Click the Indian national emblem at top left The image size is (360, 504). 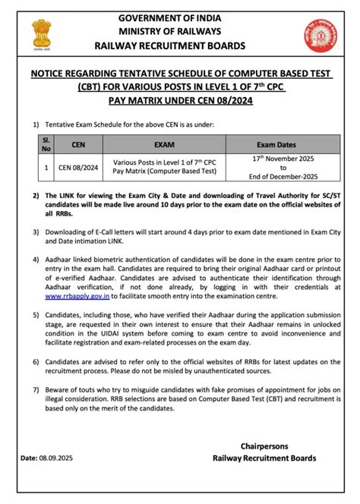point(39,33)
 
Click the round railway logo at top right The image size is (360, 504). point(320,33)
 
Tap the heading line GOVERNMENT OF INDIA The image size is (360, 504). point(179,17)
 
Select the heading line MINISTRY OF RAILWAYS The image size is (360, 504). point(179,31)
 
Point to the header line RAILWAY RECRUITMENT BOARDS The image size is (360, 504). point(179,46)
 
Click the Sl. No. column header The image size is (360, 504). point(46,142)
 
